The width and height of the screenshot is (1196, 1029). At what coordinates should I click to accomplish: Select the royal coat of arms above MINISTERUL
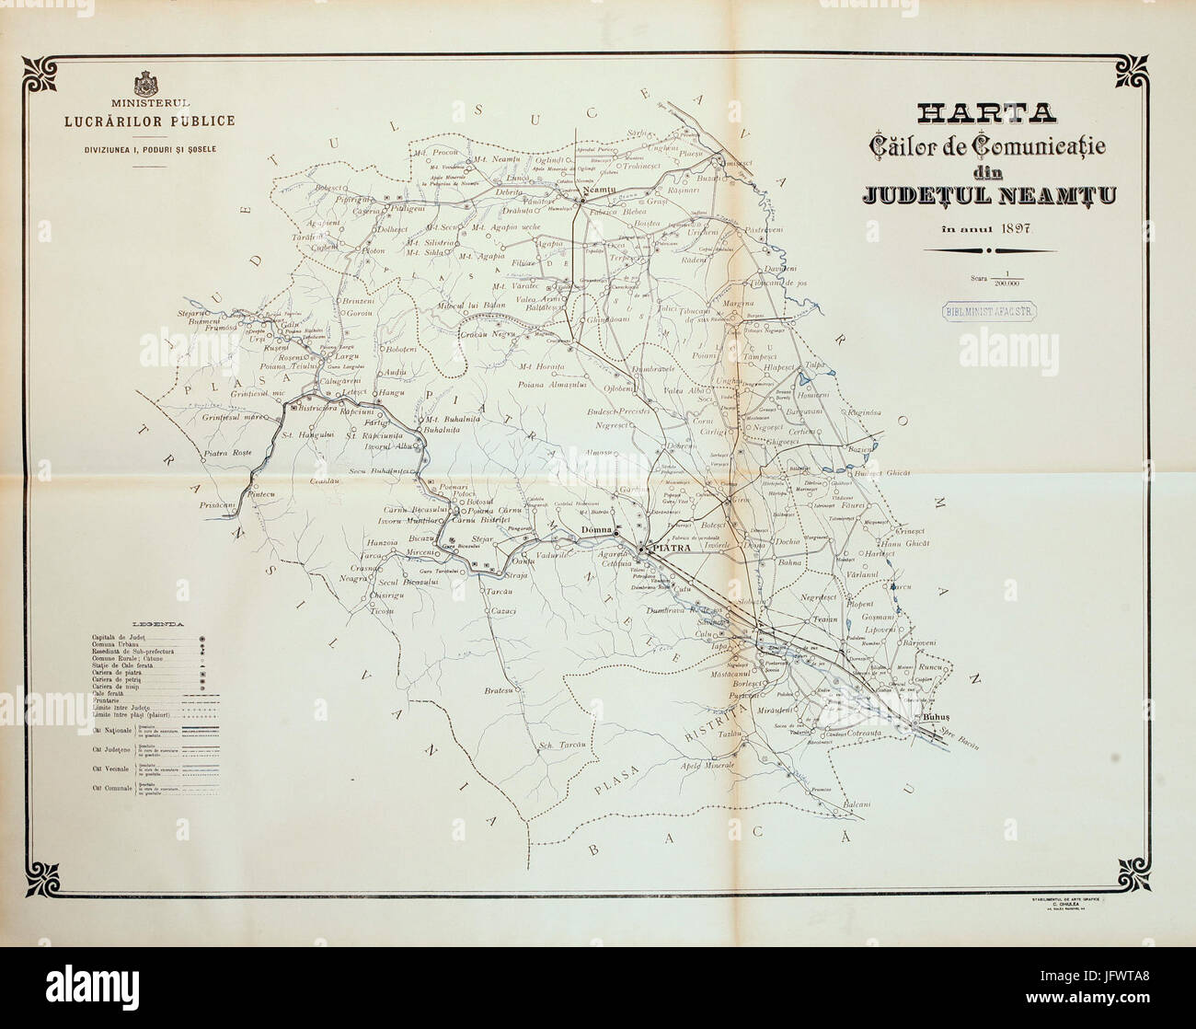(x=147, y=86)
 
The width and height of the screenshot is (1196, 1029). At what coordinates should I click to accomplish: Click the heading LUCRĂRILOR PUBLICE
(x=148, y=120)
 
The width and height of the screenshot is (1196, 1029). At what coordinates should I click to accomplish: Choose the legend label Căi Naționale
(x=109, y=730)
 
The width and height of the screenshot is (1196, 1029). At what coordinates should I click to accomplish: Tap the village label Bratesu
(x=498, y=689)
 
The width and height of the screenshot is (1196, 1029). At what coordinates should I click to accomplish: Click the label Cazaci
(x=504, y=611)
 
